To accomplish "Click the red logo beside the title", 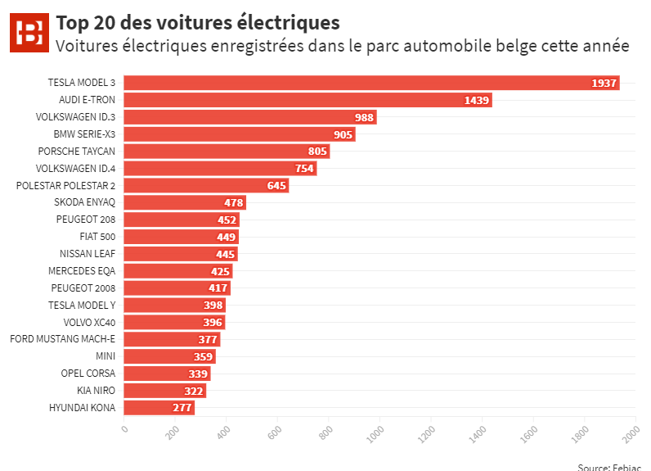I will [x=31, y=34].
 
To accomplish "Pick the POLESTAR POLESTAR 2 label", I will [x=65, y=186].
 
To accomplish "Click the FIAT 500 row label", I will [x=97, y=237].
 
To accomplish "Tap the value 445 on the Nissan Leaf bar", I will [x=226, y=254].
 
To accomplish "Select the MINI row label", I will [x=106, y=356].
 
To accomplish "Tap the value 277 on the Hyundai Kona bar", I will [x=182, y=407].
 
